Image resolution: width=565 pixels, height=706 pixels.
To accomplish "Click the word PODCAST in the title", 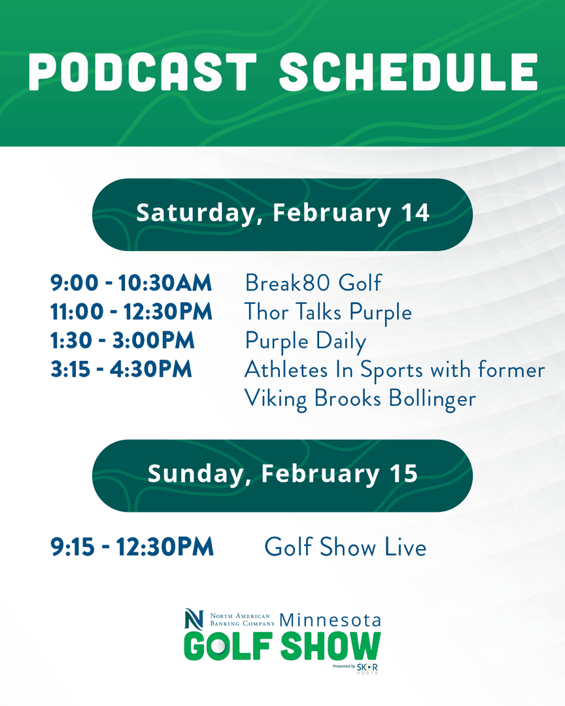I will pos(143,72).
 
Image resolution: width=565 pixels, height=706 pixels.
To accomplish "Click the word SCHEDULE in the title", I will pos(409,72).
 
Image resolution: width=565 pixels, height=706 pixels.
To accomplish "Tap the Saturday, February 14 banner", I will pos(282,214).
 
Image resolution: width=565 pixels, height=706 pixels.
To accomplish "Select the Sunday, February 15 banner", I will pos(282,475).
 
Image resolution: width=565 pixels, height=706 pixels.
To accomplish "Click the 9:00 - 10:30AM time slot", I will pos(131,284).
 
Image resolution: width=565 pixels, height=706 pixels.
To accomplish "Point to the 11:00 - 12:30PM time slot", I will pos(131,312).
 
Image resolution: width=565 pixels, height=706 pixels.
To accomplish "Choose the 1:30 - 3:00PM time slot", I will pos(122,341).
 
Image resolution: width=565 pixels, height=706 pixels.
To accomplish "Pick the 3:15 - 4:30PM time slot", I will pos(122,370).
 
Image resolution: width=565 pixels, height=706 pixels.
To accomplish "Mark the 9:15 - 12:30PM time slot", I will pos(132,548).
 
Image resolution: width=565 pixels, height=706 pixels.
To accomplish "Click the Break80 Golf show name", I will pos(313,284).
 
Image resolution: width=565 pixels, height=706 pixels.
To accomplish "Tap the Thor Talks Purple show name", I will pos(328,312).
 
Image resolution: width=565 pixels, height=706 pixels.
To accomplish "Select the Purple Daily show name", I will pos(305,342).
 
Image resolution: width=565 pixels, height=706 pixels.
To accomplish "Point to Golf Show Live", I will pos(345,548).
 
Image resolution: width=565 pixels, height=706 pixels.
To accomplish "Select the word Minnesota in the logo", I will pos(330,620).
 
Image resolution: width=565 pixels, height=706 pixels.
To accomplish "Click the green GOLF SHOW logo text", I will pos(282,647).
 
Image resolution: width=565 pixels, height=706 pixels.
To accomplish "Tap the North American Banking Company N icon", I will pos(194,619).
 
